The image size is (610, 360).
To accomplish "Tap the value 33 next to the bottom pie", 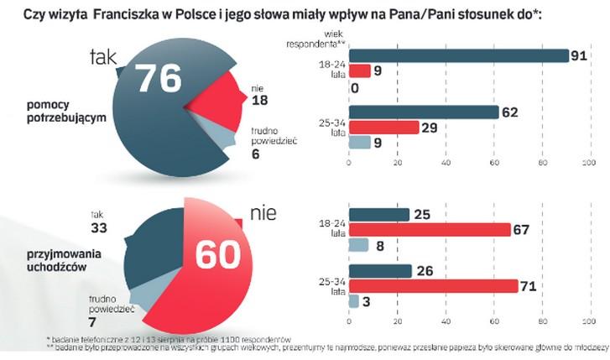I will tap(98, 227).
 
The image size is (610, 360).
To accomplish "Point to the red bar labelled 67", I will tap(429, 229).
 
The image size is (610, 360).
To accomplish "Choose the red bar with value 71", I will tap(433, 286).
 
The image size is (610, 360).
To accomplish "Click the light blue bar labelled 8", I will tap(358, 244).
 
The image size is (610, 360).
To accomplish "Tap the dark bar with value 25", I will tap(378, 215).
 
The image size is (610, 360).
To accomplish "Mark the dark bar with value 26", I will tap(379, 271).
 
